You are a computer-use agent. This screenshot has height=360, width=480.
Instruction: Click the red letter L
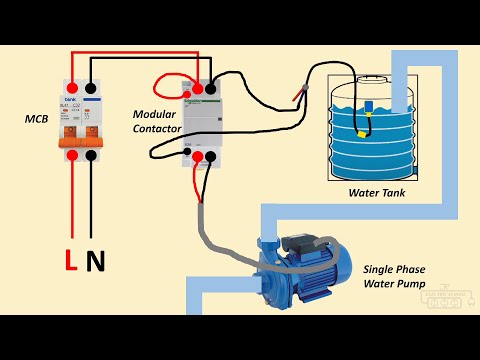click(x=70, y=262)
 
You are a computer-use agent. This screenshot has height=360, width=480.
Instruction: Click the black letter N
click(x=96, y=262)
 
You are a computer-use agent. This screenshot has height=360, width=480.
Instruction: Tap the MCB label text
click(x=37, y=120)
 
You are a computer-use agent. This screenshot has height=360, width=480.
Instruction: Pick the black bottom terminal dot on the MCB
click(x=92, y=155)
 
